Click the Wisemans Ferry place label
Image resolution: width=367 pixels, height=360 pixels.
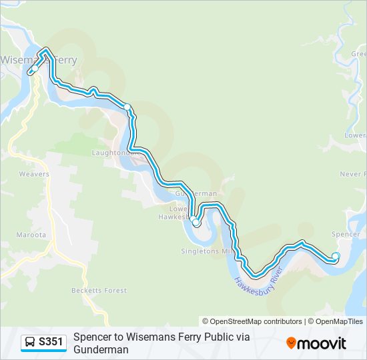38,59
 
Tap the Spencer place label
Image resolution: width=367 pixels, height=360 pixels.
345,235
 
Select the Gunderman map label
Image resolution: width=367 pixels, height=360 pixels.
196,193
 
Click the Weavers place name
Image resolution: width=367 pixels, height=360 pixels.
34,175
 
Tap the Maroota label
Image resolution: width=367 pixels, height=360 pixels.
32,235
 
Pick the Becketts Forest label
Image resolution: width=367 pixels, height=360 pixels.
99,291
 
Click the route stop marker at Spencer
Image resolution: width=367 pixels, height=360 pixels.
335,256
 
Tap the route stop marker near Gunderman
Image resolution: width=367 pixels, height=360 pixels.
196,223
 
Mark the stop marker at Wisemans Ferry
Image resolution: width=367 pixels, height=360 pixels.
33,69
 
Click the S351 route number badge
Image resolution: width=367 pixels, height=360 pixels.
51,343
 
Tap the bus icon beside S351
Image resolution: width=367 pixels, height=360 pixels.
31,343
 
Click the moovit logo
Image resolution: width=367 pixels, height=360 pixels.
316,343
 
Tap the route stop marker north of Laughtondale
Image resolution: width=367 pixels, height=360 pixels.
127,107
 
